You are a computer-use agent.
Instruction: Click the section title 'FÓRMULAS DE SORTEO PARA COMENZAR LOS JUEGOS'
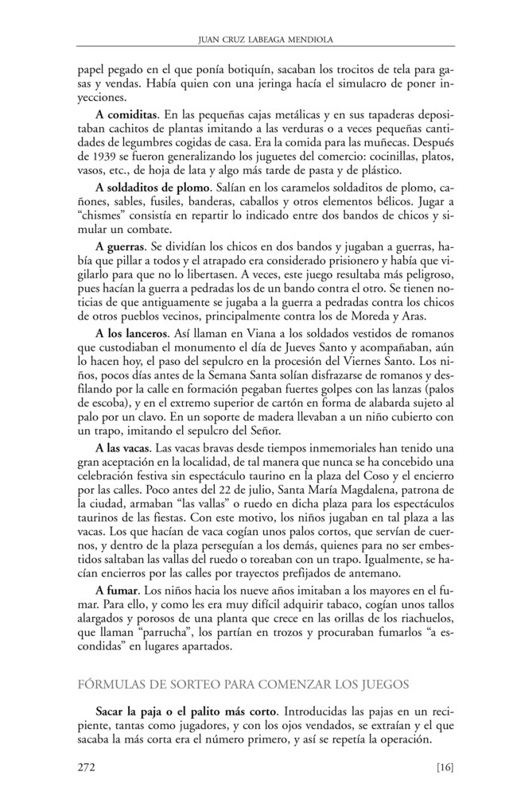[x=239, y=681]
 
